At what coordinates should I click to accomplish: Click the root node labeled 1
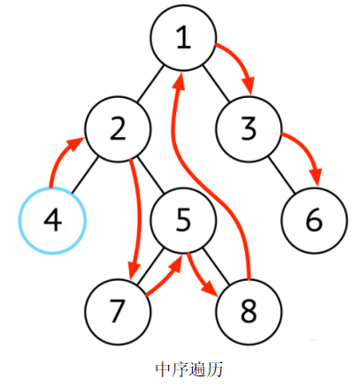coord(183,38)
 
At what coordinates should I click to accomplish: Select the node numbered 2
coord(118,129)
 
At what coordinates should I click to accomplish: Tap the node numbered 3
coord(249,129)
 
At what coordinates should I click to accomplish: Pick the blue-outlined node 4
coord(52,221)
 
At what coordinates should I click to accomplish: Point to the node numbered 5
coord(183,221)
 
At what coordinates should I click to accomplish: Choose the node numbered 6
coord(314,221)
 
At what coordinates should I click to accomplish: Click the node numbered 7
coord(118,312)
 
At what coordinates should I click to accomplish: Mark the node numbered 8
coord(249,312)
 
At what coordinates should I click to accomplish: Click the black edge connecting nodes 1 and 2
coord(150,84)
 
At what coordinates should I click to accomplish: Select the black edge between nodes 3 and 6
coord(281,175)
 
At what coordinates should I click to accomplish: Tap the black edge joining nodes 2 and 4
coord(85,175)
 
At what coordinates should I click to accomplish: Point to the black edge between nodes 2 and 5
coord(150,175)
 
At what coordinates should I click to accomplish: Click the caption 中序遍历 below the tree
coord(189,369)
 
